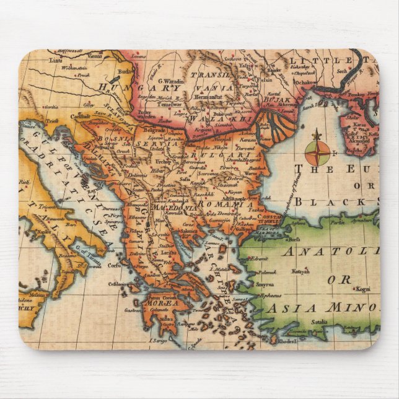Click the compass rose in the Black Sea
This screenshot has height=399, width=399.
pos(317,152)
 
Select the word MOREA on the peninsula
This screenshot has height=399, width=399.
pos(162,304)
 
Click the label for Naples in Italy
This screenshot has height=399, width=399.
pos(43,231)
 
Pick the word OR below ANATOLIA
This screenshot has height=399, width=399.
pos(339,279)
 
